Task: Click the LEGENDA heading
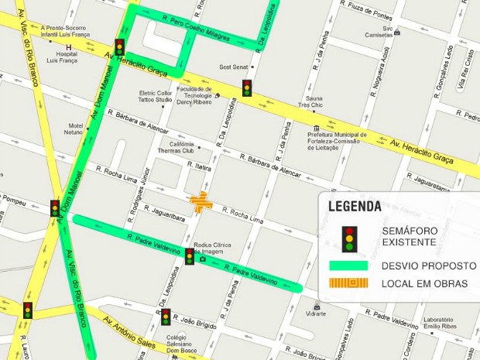coord(355,206)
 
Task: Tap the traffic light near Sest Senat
coord(246,88)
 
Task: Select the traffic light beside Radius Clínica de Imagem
coord(190,256)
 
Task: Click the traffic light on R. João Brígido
coord(166,317)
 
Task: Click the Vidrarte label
coord(316,314)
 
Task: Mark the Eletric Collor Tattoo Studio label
coord(156,96)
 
